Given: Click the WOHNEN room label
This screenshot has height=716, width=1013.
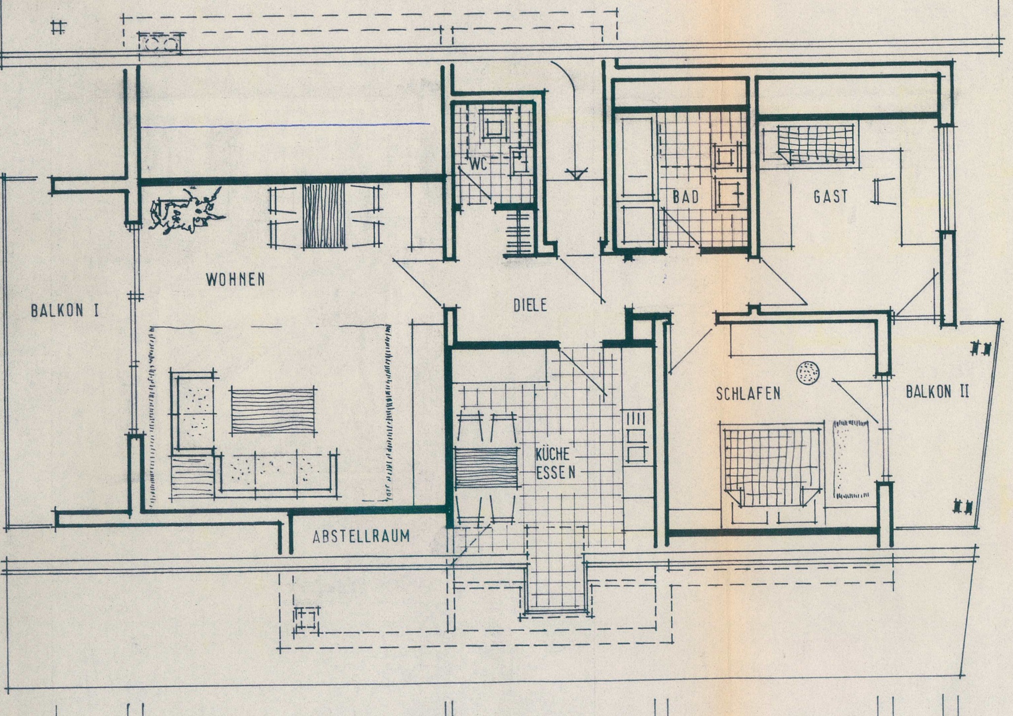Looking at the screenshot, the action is pyautogui.click(x=235, y=280).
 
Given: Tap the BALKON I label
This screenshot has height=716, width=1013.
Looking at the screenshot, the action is pyautogui.click(x=65, y=311).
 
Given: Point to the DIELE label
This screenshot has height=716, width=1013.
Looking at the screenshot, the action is pyautogui.click(x=530, y=305).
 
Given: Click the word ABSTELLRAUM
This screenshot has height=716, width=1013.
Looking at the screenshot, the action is pyautogui.click(x=361, y=537).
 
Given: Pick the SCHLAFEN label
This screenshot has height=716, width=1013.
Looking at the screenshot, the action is pyautogui.click(x=748, y=394).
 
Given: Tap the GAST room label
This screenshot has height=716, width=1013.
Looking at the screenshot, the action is pyautogui.click(x=830, y=197).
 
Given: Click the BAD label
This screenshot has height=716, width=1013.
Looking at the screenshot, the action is pyautogui.click(x=686, y=197).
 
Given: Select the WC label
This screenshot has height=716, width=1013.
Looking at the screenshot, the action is pyautogui.click(x=478, y=164).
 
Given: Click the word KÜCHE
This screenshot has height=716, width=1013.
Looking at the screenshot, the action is pyautogui.click(x=553, y=454).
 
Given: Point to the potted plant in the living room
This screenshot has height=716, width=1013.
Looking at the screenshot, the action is pyautogui.click(x=185, y=210).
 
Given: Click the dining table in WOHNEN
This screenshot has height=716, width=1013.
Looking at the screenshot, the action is pyautogui.click(x=324, y=216).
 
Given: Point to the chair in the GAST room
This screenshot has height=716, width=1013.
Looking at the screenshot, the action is pyautogui.click(x=883, y=191).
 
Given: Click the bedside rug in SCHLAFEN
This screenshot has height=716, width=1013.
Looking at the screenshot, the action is pyautogui.click(x=852, y=458).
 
